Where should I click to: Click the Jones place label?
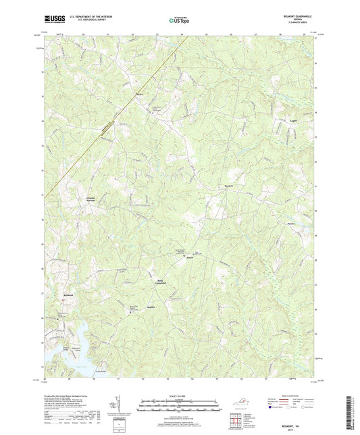(x=190, y=257)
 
